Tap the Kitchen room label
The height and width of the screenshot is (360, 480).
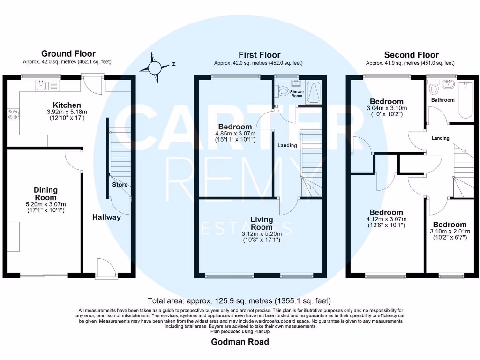tap(67, 105)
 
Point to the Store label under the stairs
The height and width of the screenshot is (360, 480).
tap(120, 185)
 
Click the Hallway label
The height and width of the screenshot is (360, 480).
tap(106, 217)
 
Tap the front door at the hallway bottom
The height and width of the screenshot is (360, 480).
tap(104, 270)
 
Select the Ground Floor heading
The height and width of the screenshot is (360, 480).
tap(68, 53)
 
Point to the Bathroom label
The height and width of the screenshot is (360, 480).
tap(442, 100)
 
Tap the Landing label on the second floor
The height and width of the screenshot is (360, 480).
tap(440, 138)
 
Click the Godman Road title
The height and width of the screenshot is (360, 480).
tap(240, 342)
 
